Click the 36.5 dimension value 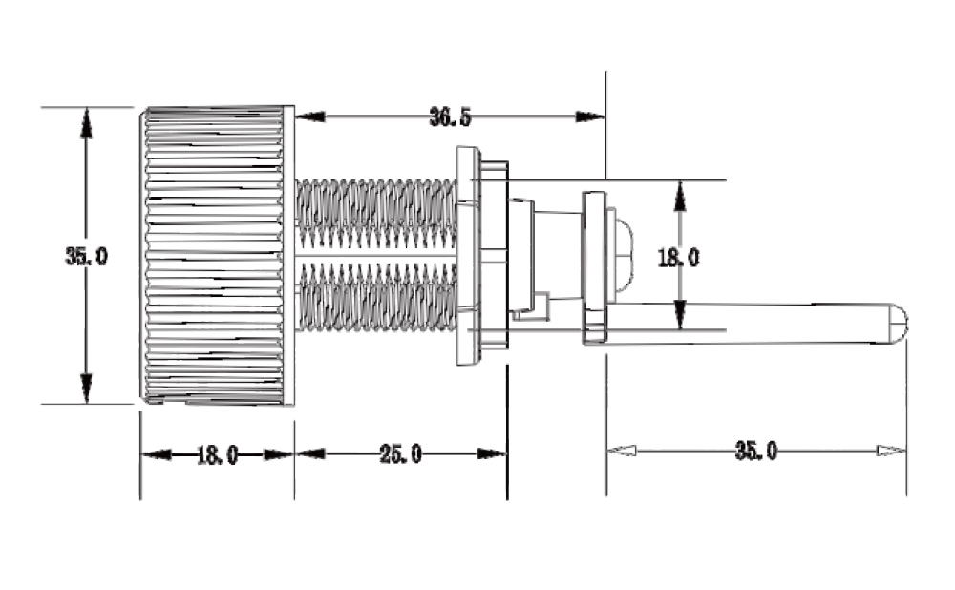pyautogui.click(x=450, y=116)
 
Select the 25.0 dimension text pyautogui.click(x=400, y=453)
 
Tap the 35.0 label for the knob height pyautogui.click(x=87, y=256)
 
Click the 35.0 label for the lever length pyautogui.click(x=755, y=452)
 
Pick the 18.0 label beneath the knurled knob pyautogui.click(x=218, y=454)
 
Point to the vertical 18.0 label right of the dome pyautogui.click(x=678, y=258)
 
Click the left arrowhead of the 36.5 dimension pyautogui.click(x=310, y=116)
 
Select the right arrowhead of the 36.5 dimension pyautogui.click(x=590, y=116)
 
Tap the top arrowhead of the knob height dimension pyautogui.click(x=87, y=122)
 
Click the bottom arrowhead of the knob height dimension pyautogui.click(x=87, y=389)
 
